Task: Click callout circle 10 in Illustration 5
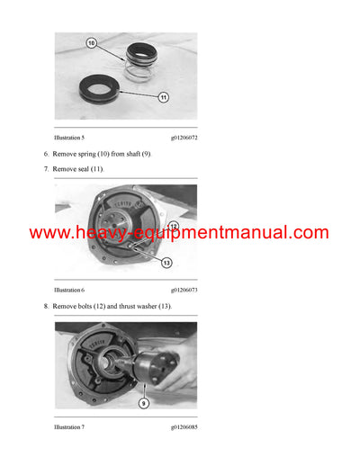(x=91, y=42)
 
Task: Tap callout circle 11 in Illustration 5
(x=164, y=96)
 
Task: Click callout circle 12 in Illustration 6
(x=173, y=227)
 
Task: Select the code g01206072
(x=184, y=137)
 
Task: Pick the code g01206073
(x=184, y=291)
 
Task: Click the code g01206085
(x=184, y=426)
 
